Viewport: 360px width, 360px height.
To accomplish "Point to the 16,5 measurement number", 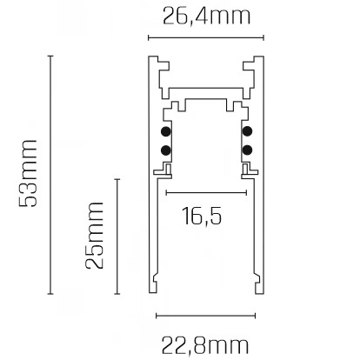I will (201, 216).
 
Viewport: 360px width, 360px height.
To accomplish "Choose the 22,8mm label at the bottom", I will (205, 343).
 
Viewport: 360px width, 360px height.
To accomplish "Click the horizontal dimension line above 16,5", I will (206, 191).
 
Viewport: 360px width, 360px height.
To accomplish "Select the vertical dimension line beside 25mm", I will (117, 236).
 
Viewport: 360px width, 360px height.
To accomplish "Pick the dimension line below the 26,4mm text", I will (206, 38).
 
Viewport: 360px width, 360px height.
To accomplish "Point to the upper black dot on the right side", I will (248, 132).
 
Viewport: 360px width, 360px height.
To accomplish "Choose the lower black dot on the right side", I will (248, 150).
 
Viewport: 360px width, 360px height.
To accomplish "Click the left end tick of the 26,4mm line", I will (148, 38).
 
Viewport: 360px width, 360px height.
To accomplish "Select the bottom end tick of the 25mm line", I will (117, 297).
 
